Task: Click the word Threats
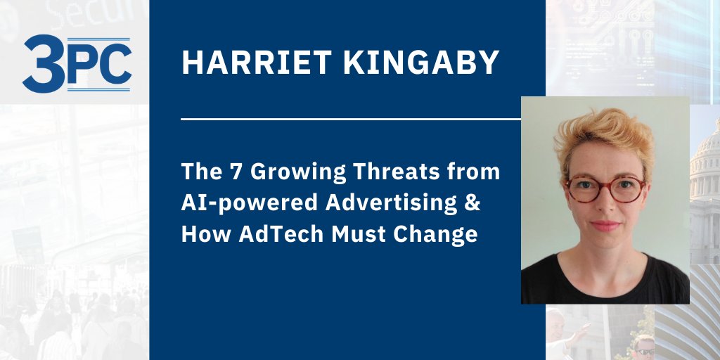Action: click(x=403, y=172)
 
